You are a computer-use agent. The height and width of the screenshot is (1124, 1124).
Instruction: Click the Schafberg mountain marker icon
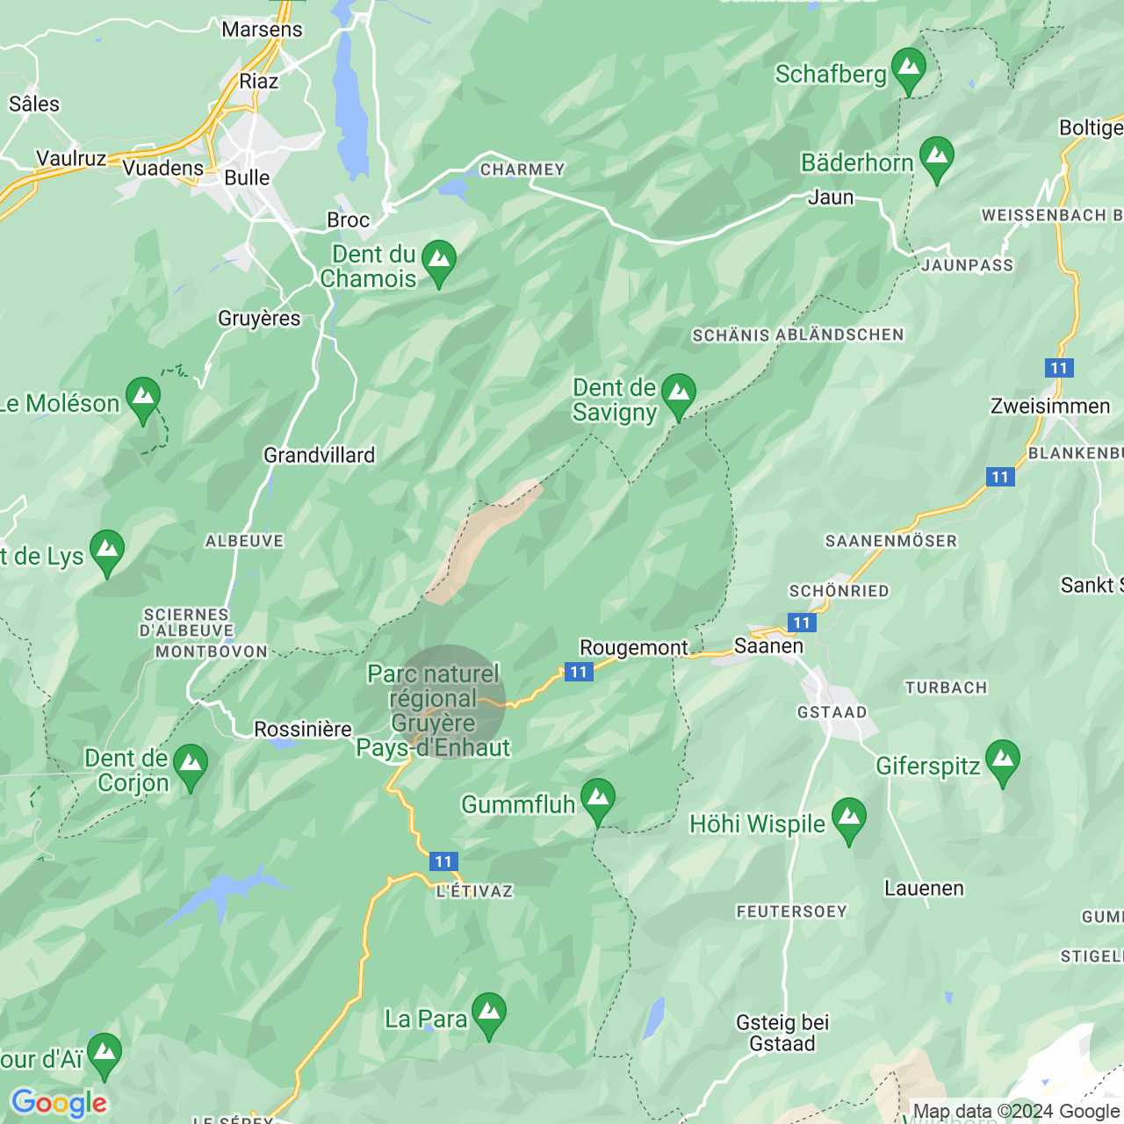[908, 69]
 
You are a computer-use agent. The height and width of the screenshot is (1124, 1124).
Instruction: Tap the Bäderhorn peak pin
[936, 158]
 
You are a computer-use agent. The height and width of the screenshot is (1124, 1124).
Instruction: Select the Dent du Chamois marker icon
[438, 262]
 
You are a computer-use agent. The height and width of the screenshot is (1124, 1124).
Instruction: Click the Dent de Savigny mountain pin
[678, 395]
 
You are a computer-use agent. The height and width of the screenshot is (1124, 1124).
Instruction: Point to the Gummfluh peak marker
[597, 800]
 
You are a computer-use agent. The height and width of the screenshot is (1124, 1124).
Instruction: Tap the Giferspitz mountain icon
[1002, 761]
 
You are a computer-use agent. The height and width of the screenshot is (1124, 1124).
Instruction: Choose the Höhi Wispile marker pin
[848, 818]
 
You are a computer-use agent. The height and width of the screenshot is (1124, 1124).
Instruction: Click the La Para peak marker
[488, 1014]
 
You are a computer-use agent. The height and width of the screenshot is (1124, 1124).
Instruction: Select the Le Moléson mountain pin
[142, 399]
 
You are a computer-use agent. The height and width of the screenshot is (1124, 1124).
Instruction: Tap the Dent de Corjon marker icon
[190, 766]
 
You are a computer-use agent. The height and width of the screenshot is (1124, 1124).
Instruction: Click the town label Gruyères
[259, 319]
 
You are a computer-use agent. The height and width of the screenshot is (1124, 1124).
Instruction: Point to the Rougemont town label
[634, 648]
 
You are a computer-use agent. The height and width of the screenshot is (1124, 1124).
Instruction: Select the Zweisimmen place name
[1050, 407]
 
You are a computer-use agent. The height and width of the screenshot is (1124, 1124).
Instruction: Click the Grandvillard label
[319, 455]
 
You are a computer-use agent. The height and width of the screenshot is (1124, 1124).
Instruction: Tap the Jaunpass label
[967, 265]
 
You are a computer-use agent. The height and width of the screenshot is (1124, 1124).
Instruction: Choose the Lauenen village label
[924, 889]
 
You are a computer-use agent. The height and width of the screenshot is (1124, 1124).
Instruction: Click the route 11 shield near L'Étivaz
[443, 861]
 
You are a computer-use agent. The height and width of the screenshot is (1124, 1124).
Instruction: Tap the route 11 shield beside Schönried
[801, 623]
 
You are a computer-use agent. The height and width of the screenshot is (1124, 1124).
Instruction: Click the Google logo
[59, 1103]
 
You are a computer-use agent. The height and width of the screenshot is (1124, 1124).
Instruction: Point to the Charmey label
[522, 169]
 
